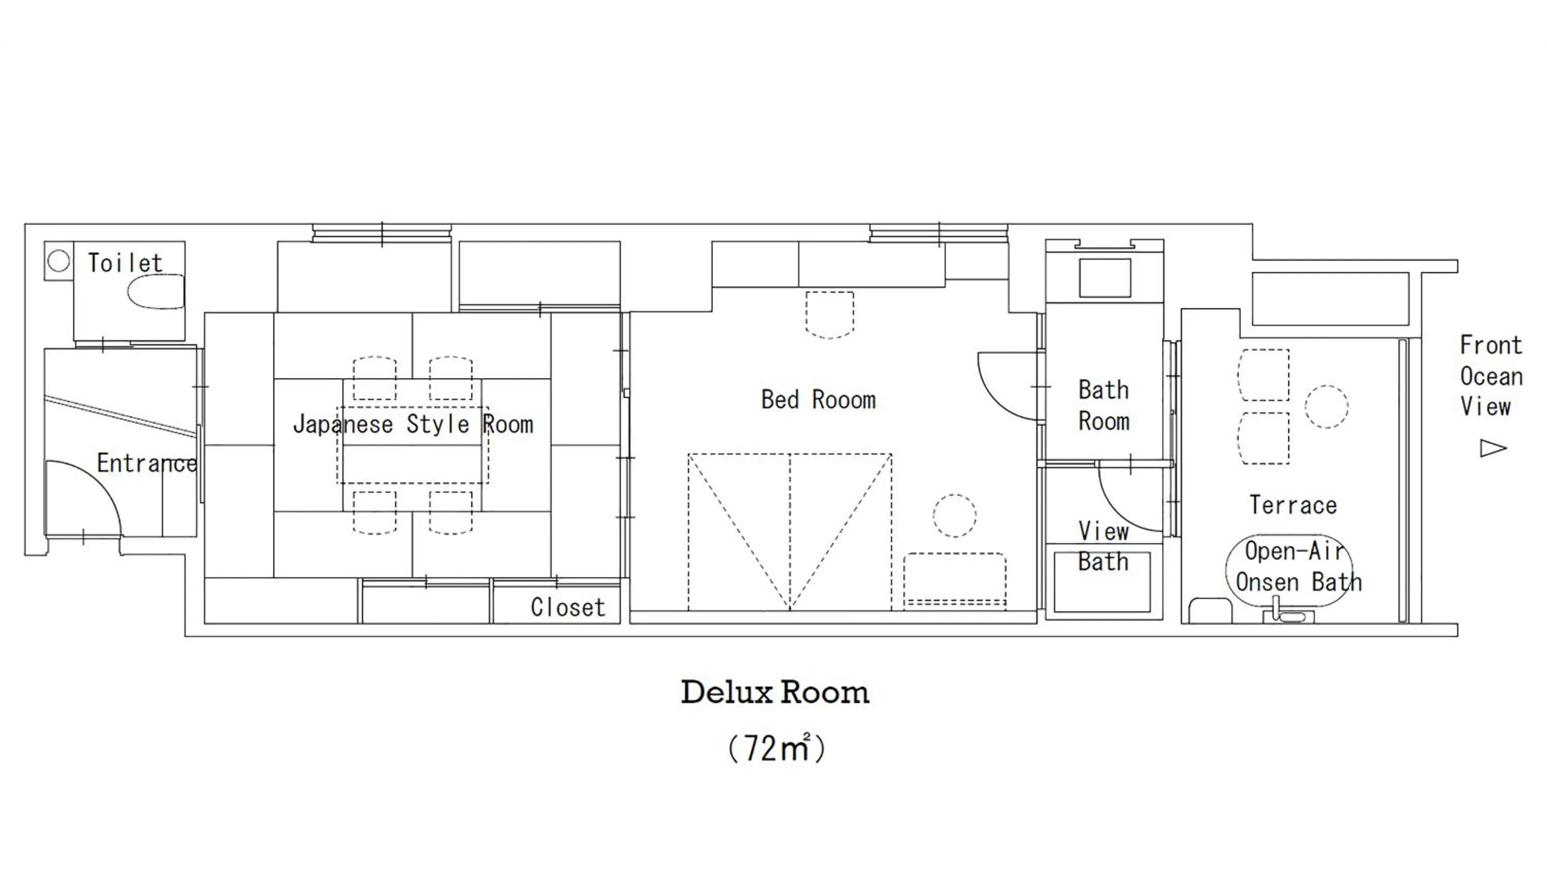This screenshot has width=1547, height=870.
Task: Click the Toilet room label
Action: click(x=125, y=263)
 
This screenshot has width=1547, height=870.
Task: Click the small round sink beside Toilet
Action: click(x=58, y=261)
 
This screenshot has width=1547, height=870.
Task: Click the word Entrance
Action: click(x=146, y=463)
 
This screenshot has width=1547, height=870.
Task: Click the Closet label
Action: click(x=568, y=607)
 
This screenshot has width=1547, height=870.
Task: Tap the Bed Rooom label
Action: click(x=818, y=400)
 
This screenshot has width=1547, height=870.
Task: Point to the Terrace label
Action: click(x=1293, y=505)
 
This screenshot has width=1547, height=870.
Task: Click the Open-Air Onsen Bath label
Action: click(x=1297, y=566)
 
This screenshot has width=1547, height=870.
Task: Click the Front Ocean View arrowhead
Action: click(x=1492, y=448)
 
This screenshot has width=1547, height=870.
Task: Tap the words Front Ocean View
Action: click(x=1491, y=376)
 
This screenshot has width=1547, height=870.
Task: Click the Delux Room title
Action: click(x=775, y=693)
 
